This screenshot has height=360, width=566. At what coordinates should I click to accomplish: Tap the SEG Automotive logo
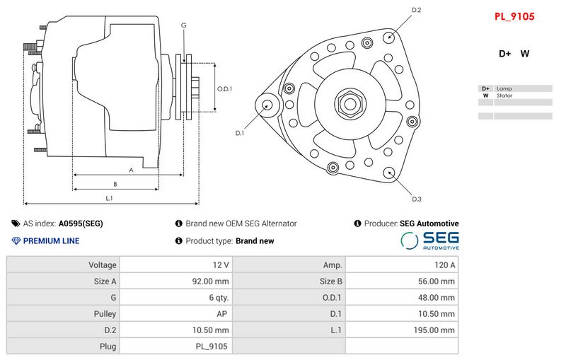point(431,240)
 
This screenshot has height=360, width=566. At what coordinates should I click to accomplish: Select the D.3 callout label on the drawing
point(417,199)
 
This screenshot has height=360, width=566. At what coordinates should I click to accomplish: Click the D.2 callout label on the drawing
point(417,10)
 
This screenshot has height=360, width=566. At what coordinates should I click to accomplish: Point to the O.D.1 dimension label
point(224,89)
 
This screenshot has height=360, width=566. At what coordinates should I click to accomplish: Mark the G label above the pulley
point(184,25)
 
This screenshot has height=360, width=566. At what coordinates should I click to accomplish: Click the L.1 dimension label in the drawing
point(110,198)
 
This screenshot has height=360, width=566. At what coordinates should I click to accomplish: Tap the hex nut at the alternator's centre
point(350,104)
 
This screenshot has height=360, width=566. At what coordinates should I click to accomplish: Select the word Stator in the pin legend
point(504,95)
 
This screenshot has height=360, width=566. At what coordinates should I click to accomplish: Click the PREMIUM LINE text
point(51,241)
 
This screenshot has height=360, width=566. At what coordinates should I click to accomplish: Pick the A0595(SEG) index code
point(81,223)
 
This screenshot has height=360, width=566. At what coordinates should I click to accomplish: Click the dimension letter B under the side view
point(115,184)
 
